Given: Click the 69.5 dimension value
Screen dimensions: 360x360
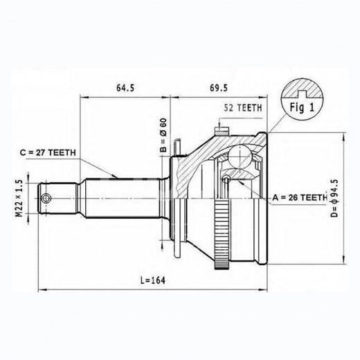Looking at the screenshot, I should coord(218,88).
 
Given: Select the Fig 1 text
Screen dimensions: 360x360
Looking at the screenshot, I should coord(302,107).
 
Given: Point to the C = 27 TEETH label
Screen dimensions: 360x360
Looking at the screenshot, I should coord(48,153).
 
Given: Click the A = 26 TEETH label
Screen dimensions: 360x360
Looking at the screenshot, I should coord(299,198).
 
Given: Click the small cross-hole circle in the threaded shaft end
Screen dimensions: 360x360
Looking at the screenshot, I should coord(46,199).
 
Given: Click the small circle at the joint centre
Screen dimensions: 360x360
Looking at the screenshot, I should coord(226,181).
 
